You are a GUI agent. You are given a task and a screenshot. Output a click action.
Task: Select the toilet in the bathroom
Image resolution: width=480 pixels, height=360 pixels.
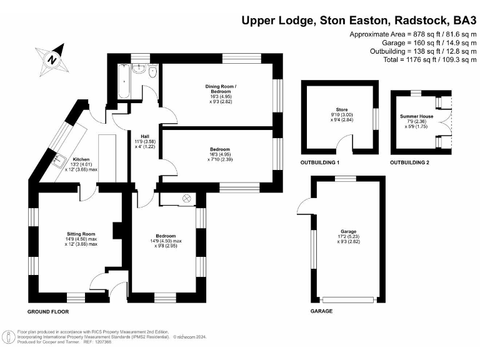(152, 72)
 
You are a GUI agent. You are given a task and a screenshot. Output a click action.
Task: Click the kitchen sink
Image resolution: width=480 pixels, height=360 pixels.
(60, 161)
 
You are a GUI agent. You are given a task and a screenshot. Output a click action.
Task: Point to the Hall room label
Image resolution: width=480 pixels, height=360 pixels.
(144, 136)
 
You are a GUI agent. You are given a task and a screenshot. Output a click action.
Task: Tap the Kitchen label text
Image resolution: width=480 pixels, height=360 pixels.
(82, 159)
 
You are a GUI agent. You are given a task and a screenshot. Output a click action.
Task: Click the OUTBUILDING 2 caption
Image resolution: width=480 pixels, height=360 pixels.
(413, 162)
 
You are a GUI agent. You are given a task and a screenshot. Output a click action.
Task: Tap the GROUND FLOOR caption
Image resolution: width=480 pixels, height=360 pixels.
(48, 311)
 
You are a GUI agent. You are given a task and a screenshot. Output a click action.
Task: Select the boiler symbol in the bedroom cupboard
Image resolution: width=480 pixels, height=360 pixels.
(186, 199)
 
